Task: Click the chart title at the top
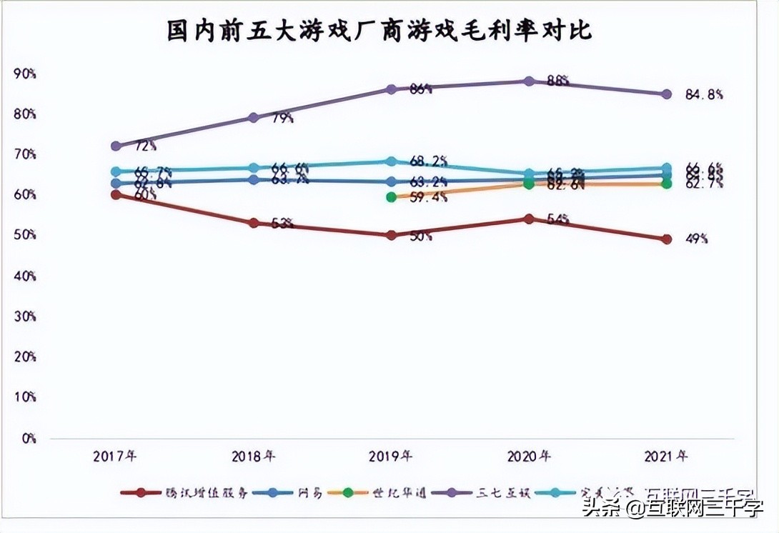tap(379, 31)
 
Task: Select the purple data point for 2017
tap(116, 146)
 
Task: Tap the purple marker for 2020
tap(529, 81)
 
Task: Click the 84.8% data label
tap(704, 94)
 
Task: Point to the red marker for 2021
tap(667, 239)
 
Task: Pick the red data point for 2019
tap(391, 235)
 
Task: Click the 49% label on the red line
tap(697, 240)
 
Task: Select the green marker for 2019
tap(391, 196)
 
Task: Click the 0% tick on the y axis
tap(29, 438)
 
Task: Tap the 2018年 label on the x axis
tap(254, 456)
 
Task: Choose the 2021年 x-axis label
tap(666, 456)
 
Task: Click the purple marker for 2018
tap(253, 117)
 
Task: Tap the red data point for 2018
tap(253, 223)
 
